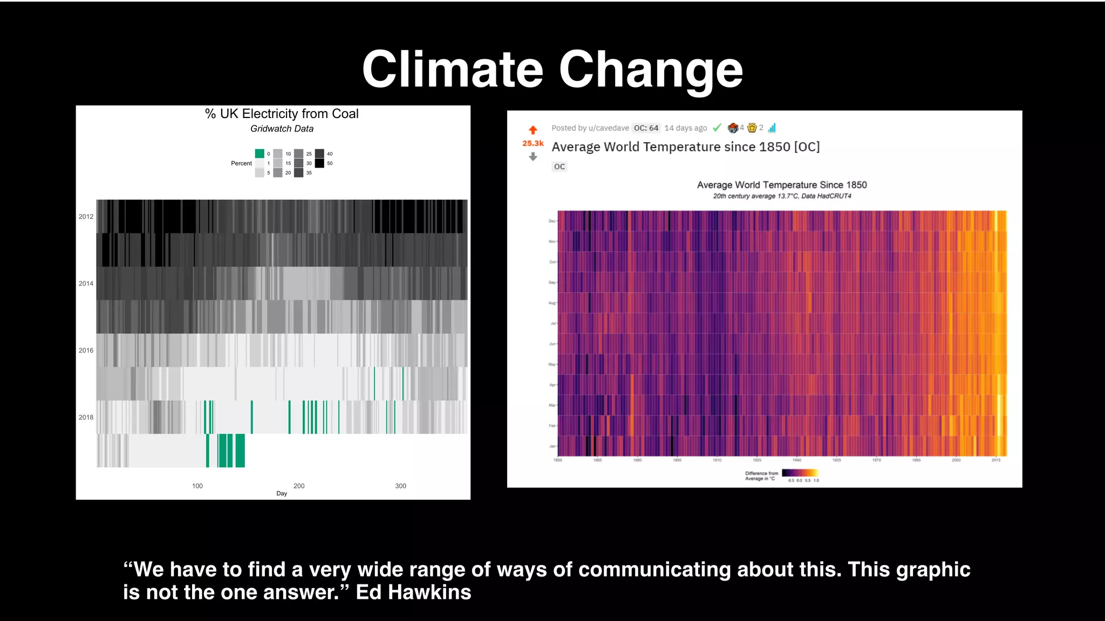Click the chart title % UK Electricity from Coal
[282, 114]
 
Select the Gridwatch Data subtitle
[282, 129]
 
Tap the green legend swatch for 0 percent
[260, 154]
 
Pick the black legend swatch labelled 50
[319, 163]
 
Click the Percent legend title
[241, 163]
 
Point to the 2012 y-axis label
[86, 217]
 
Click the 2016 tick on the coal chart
[86, 350]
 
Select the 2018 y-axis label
[86, 417]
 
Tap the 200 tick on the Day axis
[299, 486]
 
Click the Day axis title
[282, 493]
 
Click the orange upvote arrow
[533, 130]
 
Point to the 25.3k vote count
[533, 143]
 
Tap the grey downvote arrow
[533, 157]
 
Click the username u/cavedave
[609, 128]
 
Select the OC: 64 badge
[646, 128]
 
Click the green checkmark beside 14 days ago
[717, 128]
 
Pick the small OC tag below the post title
[560, 167]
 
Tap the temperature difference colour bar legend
[800, 473]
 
